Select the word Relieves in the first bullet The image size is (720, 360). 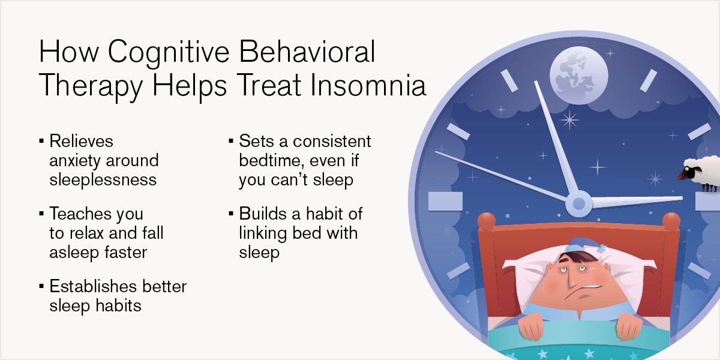pos(81,141)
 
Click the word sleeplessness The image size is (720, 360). pos(103,179)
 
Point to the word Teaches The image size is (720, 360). pos(79,214)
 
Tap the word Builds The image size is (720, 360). pos(263,214)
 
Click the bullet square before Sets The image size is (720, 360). pos(231,141)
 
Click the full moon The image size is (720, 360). pos(579,76)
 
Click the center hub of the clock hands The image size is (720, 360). pos(579,203)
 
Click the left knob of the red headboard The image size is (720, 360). pos(487,221)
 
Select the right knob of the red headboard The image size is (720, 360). pos(671,221)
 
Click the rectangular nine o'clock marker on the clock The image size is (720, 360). pos(445,202)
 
